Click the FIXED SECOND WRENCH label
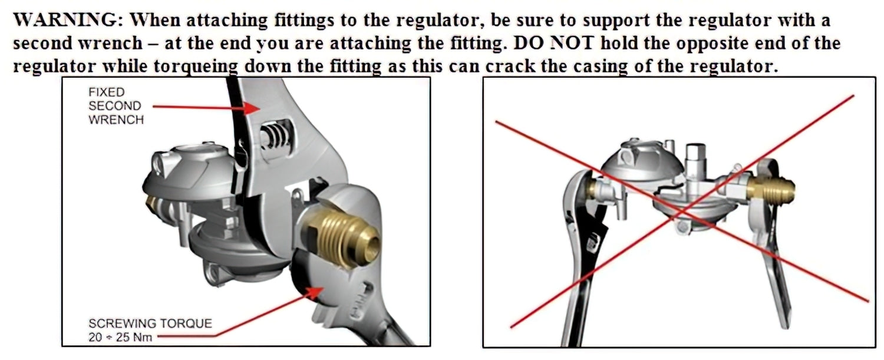(115, 106)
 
